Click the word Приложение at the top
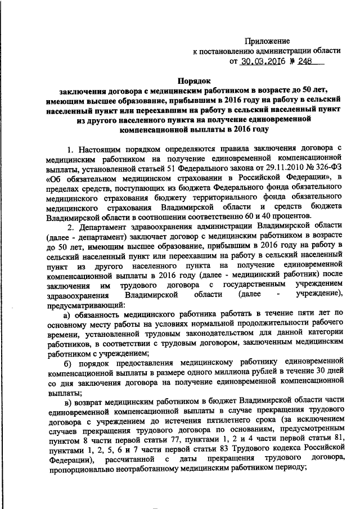[267, 40]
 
